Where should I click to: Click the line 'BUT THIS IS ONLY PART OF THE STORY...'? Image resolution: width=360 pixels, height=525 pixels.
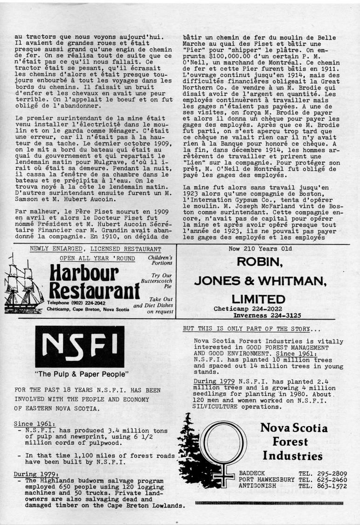point(252,329)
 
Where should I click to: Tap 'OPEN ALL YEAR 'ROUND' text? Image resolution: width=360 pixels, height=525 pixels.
point(97,259)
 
